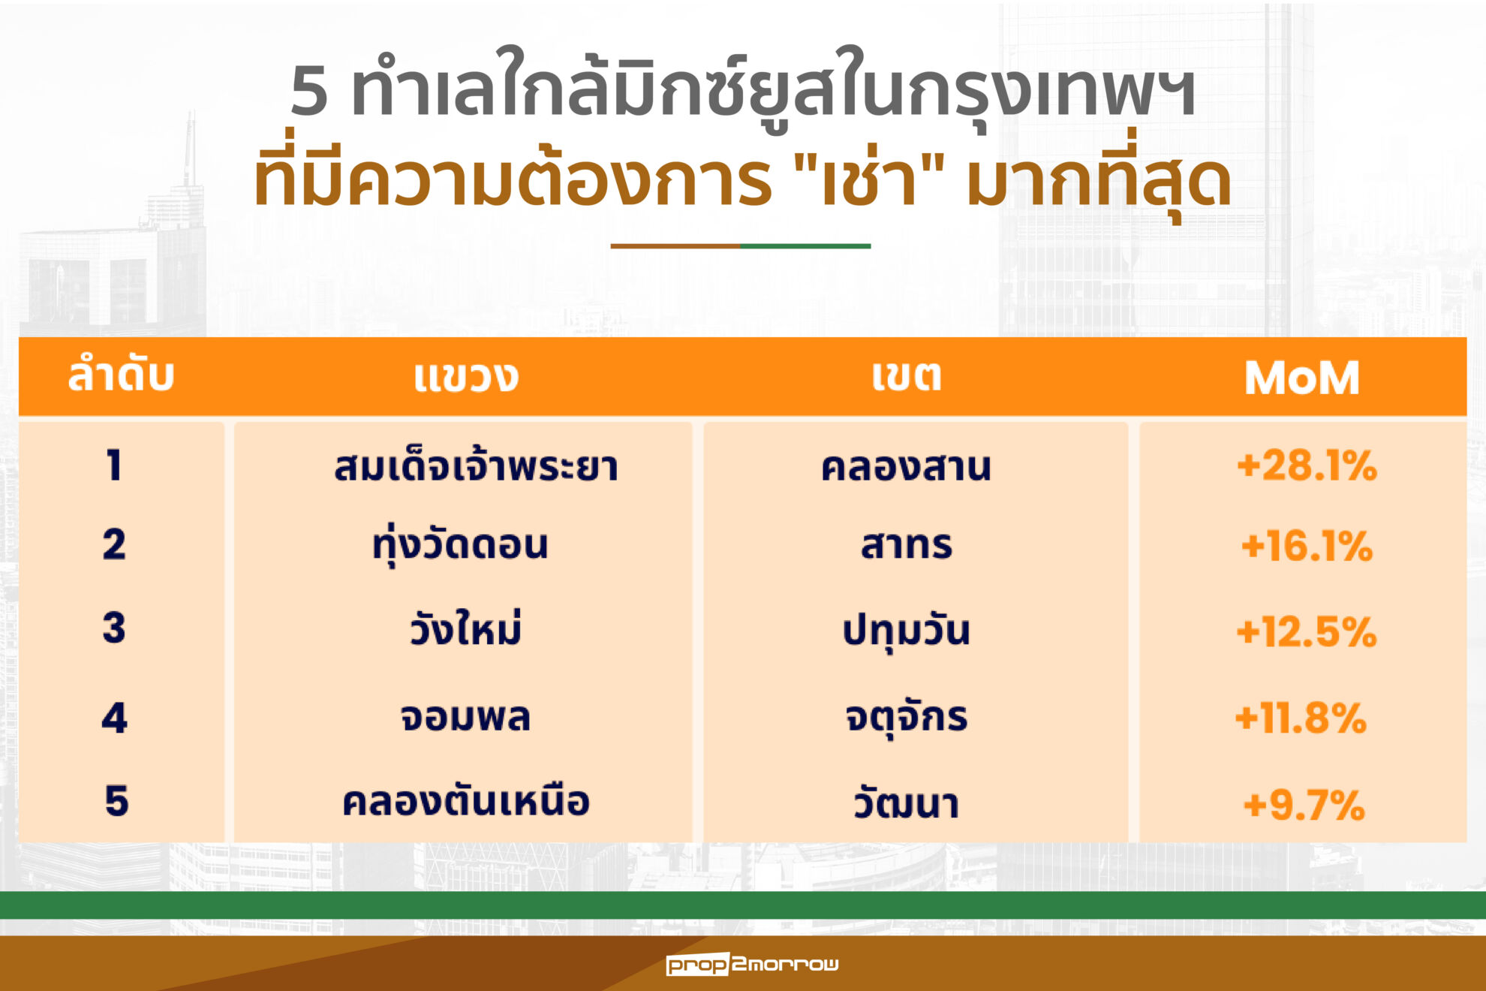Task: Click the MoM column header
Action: (x=1302, y=378)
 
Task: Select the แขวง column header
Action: (x=466, y=377)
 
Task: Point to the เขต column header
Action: (x=907, y=375)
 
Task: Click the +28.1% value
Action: (x=1307, y=465)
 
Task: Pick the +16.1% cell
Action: (x=1307, y=546)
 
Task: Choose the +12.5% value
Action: (x=1307, y=631)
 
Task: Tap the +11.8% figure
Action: (x=1301, y=718)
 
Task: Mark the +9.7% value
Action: (x=1304, y=806)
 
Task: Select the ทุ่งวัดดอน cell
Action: (x=460, y=545)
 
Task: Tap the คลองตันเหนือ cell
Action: (x=465, y=801)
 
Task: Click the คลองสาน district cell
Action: (x=906, y=466)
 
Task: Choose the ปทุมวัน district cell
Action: (x=906, y=631)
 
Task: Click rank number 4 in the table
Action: (x=115, y=718)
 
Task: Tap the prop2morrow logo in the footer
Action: (x=752, y=964)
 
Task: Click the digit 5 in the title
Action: (x=309, y=91)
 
